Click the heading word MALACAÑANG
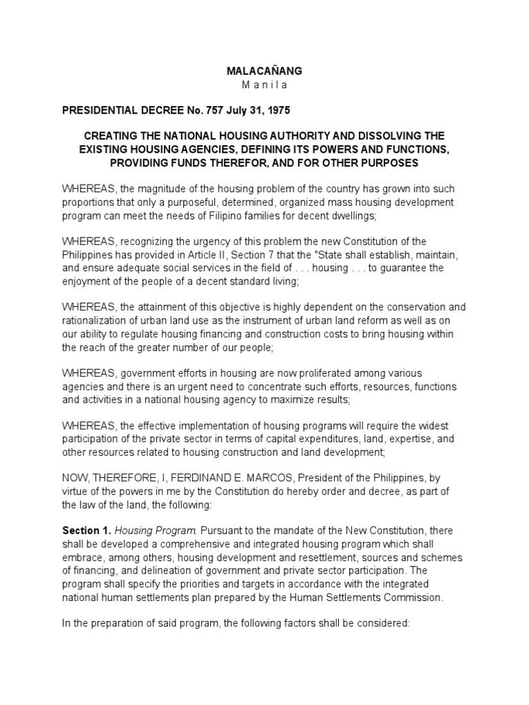point(264,71)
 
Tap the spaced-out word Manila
point(264,85)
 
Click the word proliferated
point(328,372)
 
